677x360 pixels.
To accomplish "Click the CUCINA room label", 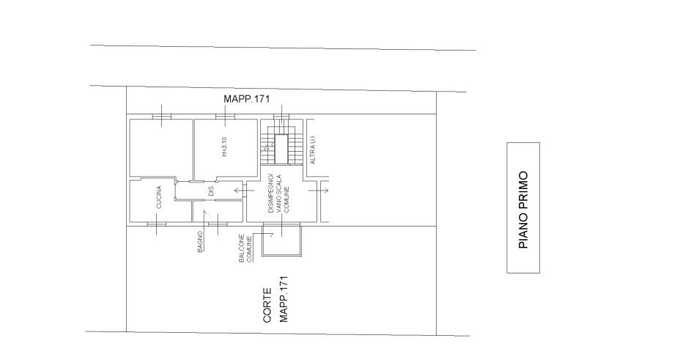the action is (x=159, y=197).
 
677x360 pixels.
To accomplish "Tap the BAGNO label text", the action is (x=200, y=242).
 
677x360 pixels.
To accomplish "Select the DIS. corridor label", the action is (x=211, y=191).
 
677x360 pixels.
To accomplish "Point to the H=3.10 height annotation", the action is (x=224, y=147).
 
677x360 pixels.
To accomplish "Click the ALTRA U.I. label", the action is (x=313, y=148).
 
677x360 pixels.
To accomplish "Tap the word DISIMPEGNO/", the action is (x=270, y=193).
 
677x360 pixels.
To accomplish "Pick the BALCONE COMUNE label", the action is (x=245, y=248).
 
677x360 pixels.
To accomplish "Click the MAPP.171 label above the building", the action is (x=246, y=99).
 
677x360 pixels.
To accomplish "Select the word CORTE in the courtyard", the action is (x=267, y=306).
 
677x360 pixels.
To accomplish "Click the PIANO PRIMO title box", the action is (x=523, y=208).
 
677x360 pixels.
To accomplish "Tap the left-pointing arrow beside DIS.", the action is (x=239, y=191).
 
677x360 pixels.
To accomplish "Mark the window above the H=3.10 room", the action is (x=226, y=117).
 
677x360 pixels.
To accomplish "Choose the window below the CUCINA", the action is (x=157, y=224).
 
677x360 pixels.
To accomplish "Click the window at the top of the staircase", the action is (x=281, y=117).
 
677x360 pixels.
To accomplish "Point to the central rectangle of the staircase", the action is (x=281, y=149).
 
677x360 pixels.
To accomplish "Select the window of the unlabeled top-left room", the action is (x=162, y=117).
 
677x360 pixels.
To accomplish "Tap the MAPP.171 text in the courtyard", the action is (x=284, y=299).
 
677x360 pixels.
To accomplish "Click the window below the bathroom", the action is (x=218, y=224).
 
